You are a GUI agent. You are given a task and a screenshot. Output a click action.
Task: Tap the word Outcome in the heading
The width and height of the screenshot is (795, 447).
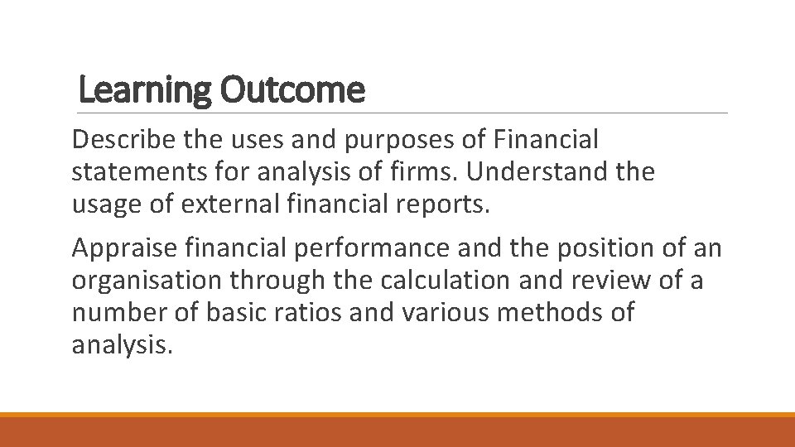click(292, 90)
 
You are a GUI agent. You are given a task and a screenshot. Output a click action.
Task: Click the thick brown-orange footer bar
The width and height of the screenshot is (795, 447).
click(397, 431)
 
